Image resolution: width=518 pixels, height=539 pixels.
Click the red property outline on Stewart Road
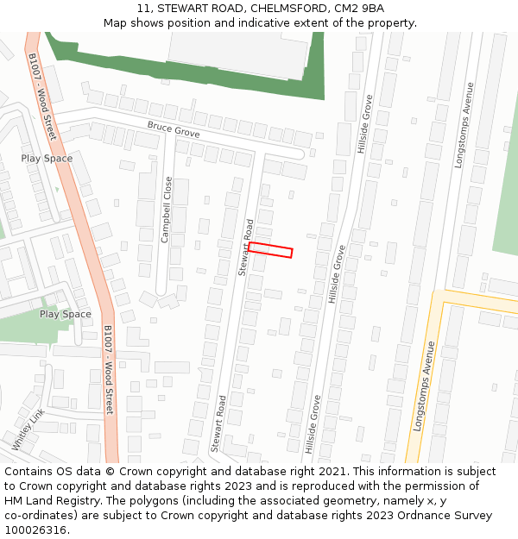(270, 249)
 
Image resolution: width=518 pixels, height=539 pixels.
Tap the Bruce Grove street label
(173, 130)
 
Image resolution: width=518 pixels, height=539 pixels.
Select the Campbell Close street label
(166, 210)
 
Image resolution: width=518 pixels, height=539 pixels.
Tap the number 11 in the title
(143, 9)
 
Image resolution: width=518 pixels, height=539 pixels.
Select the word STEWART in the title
(183, 9)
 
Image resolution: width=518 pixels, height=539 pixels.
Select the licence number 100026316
(36, 530)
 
